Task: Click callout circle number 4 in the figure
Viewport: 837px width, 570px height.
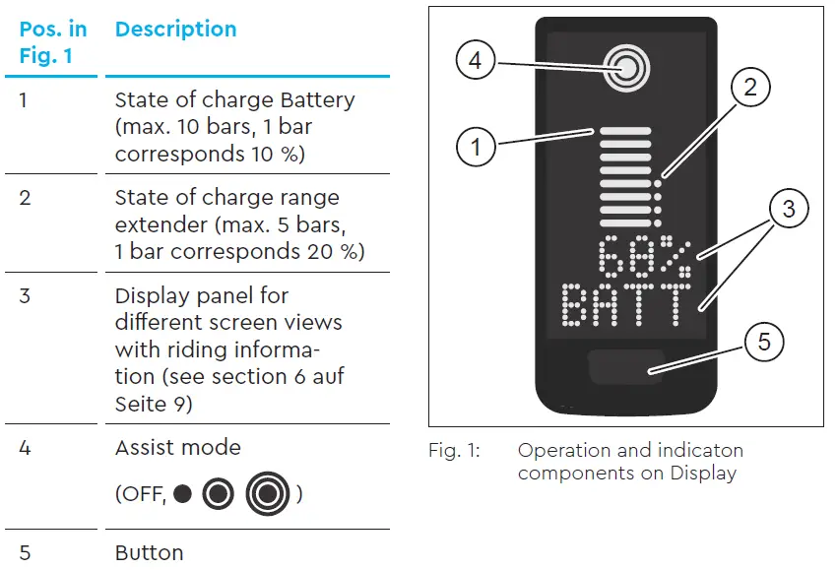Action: (476, 61)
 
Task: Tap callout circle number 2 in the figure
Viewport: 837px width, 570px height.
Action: (749, 88)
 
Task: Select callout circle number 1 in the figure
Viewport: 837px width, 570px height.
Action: (477, 148)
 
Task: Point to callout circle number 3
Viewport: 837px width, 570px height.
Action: (788, 209)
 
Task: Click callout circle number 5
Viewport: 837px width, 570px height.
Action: (764, 343)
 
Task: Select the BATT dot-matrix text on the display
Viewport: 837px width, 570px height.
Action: (622, 305)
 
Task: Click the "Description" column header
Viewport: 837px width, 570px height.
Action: (176, 29)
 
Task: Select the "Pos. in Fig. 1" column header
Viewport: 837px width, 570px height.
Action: (53, 42)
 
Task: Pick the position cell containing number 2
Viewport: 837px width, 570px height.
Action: (26, 197)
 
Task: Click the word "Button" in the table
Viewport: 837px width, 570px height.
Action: (149, 552)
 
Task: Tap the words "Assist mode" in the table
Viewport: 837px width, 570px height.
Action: (177, 447)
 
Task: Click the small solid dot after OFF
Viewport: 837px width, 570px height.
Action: (182, 494)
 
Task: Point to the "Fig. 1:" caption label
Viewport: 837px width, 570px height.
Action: (454, 451)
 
